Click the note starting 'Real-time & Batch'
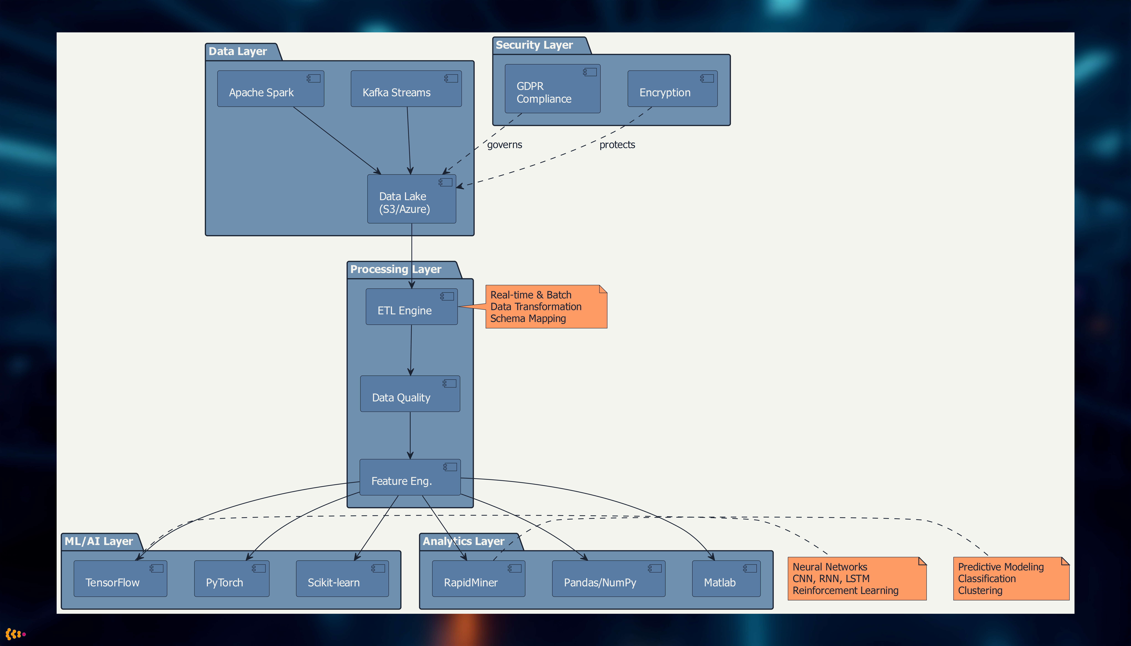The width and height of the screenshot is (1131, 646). (546, 307)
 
